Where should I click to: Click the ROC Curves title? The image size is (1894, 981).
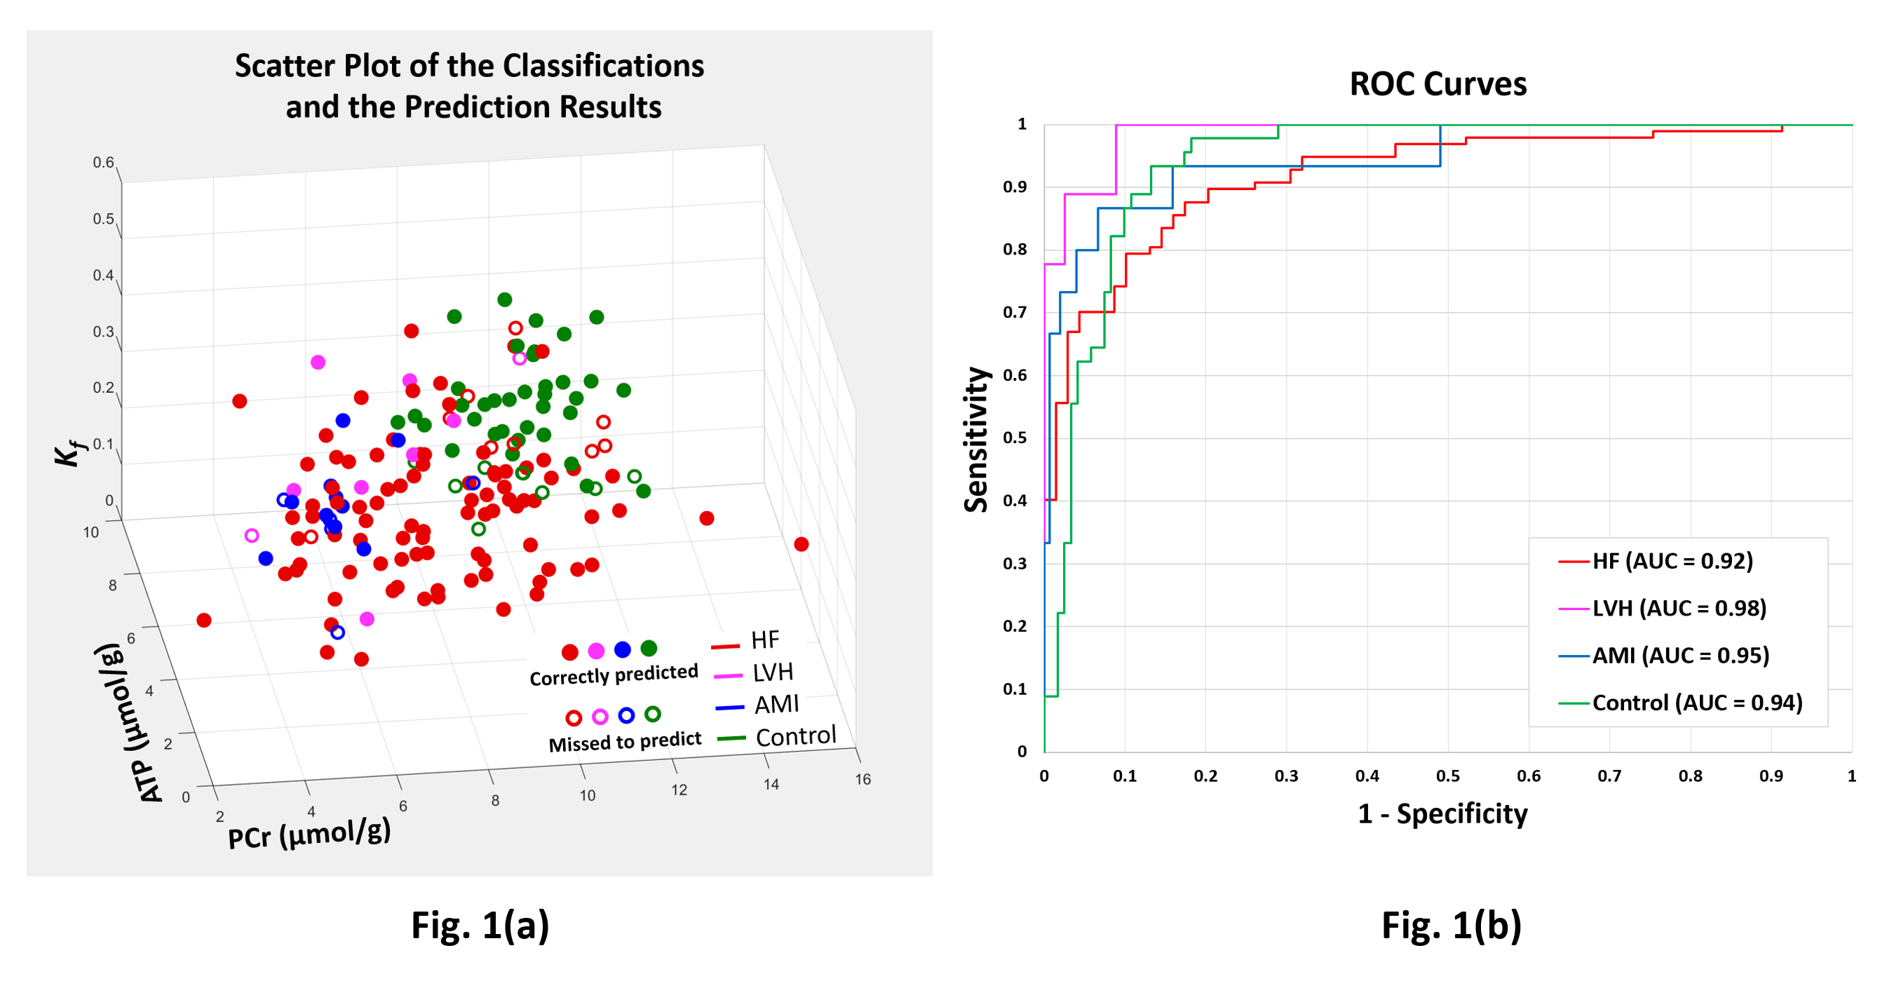[x=1438, y=84]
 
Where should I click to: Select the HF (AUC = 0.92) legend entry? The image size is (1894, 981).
[x=1672, y=562]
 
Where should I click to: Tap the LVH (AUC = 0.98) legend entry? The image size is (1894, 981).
[x=1679, y=609]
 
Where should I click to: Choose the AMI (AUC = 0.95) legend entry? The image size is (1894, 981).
[x=1680, y=656]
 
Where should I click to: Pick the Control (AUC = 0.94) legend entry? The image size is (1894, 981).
[x=1697, y=703]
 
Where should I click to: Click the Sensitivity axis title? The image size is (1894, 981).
[x=976, y=439]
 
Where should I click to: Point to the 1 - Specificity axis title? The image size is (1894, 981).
[x=1442, y=814]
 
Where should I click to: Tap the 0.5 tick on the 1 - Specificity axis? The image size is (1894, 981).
[x=1448, y=776]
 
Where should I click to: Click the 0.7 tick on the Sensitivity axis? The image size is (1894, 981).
[x=1015, y=313]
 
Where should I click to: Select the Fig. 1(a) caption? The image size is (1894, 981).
[x=480, y=925]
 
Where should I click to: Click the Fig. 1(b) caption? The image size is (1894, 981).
[x=1452, y=925]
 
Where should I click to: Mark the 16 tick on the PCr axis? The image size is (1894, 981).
[x=863, y=780]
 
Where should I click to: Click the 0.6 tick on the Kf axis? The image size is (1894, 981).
[x=103, y=163]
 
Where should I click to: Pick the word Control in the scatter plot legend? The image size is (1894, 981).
[x=796, y=736]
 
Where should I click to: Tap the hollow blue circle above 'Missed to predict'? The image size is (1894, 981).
[x=626, y=715]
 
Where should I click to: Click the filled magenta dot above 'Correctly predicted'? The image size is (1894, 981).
[x=596, y=651]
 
